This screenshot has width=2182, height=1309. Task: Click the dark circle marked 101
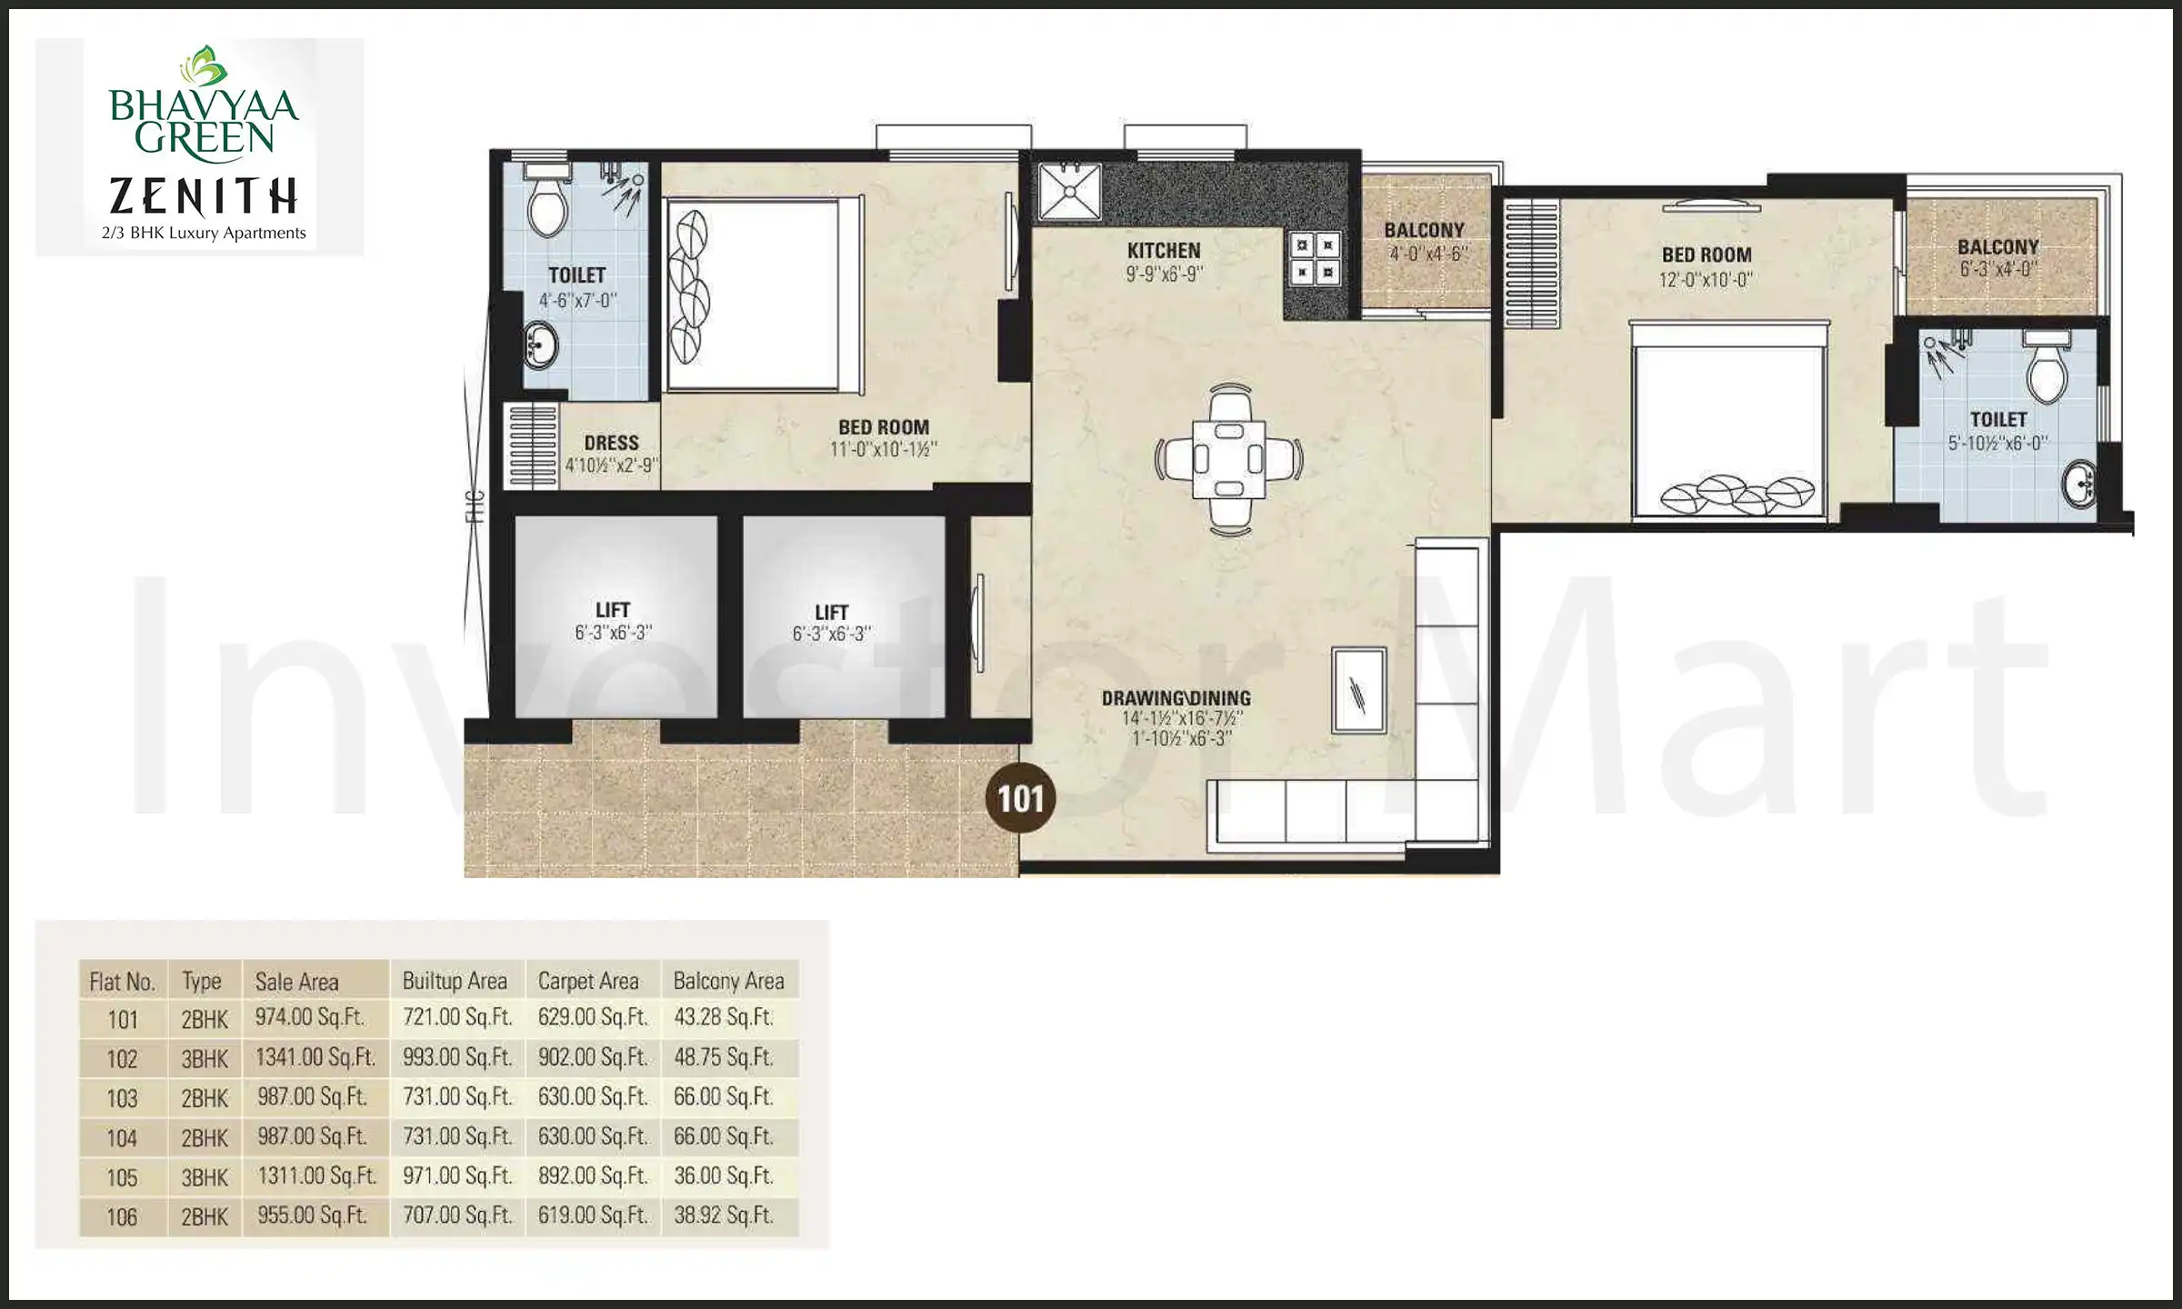1020,799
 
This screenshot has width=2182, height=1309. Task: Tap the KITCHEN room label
1164,250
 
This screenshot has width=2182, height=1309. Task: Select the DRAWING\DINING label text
1176,698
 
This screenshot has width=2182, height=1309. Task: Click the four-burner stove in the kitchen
1314,258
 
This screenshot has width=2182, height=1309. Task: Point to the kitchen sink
1070,191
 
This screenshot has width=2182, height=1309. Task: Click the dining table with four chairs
1228,458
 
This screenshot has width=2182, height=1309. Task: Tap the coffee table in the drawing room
1358,690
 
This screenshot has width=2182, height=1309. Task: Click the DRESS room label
611,443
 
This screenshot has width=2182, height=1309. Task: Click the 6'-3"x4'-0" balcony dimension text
1997,270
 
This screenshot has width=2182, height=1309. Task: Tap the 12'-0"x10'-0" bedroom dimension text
1706,280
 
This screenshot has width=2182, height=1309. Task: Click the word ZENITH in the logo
204,196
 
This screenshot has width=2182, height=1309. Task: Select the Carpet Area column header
588,982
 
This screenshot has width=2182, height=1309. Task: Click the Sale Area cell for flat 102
315,1058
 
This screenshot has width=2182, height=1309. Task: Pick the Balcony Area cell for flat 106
724,1216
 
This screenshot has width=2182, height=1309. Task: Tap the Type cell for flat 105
205,1178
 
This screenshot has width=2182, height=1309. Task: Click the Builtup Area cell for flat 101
457,1018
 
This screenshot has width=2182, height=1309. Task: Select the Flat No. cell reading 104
122,1138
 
